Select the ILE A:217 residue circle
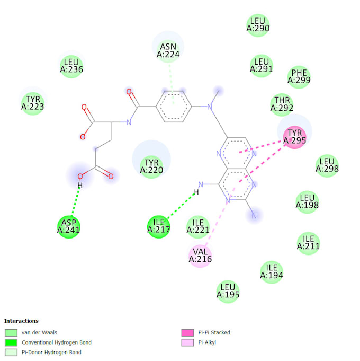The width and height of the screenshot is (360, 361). click(158, 227)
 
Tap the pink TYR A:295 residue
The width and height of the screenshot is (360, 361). click(294, 137)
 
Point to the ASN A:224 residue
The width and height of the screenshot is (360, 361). click(168, 50)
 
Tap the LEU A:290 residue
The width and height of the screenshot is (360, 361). click(258, 25)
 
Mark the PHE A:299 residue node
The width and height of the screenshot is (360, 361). click(299, 77)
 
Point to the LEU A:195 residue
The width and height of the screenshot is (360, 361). click(228, 291)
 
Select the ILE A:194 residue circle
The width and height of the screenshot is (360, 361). click(272, 272)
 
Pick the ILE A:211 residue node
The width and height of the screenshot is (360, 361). click(308, 242)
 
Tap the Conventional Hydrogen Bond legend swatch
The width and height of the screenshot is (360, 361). click(11, 342)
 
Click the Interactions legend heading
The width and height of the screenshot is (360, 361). click(21, 321)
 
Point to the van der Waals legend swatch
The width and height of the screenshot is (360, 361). click(11, 333)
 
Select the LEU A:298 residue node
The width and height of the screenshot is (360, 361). click(327, 166)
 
